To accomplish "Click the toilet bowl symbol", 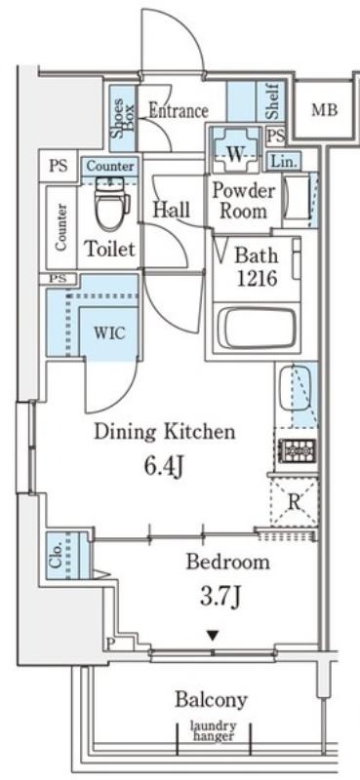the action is [x=112, y=207].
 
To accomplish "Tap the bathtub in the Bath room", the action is [x=257, y=328].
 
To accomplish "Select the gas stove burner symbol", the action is [x=297, y=450].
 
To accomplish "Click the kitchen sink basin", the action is [x=296, y=388].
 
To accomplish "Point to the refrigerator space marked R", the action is [x=294, y=502].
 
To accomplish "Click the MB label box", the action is [x=324, y=109].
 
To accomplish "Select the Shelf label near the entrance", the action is [x=271, y=103].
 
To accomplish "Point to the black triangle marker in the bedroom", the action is [x=214, y=635].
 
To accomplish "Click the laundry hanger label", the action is [x=214, y=731].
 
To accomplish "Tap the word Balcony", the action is [x=211, y=699].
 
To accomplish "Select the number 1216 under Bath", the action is [x=257, y=278].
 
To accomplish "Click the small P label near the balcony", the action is [x=110, y=643].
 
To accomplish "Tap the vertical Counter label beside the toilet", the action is [x=60, y=227].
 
